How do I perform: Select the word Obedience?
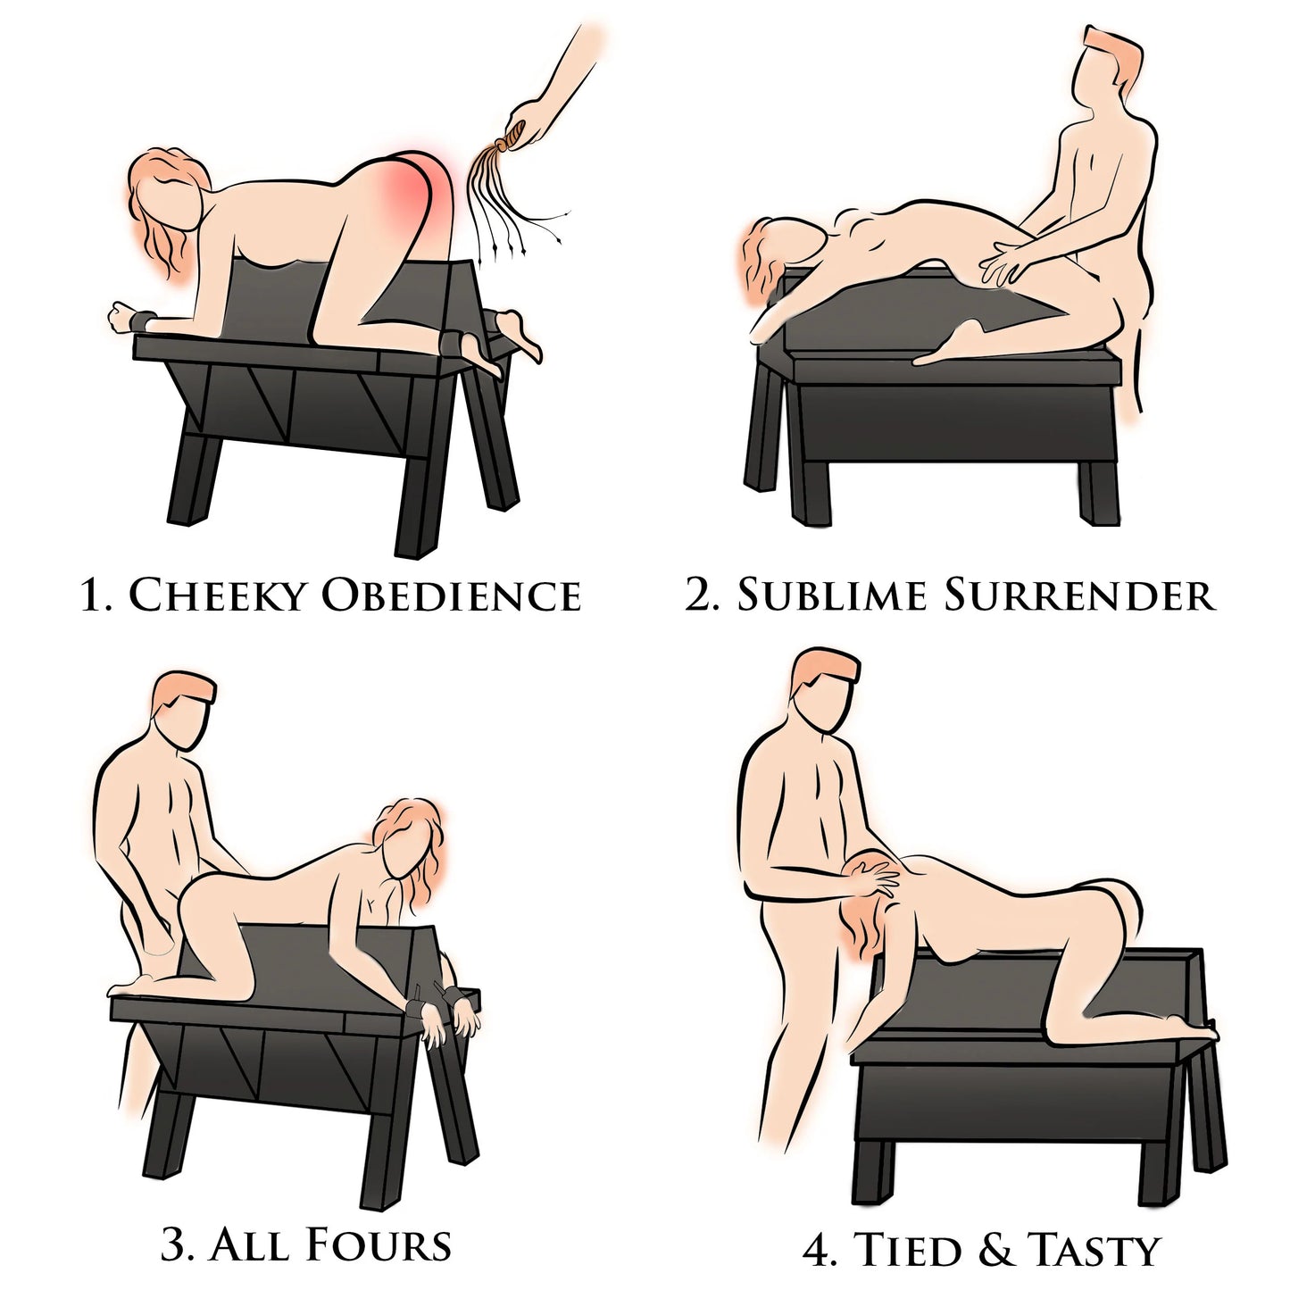click(451, 595)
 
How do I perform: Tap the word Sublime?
click(834, 595)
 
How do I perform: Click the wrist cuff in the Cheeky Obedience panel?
click(142, 320)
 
